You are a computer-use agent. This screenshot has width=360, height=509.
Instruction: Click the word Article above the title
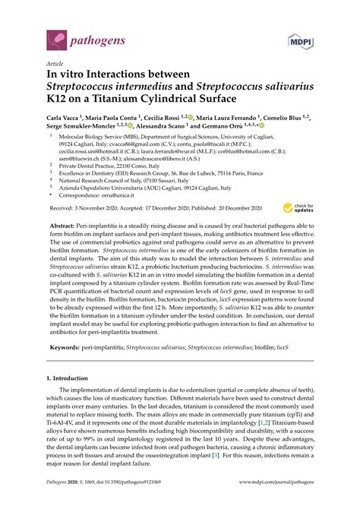point(55,65)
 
